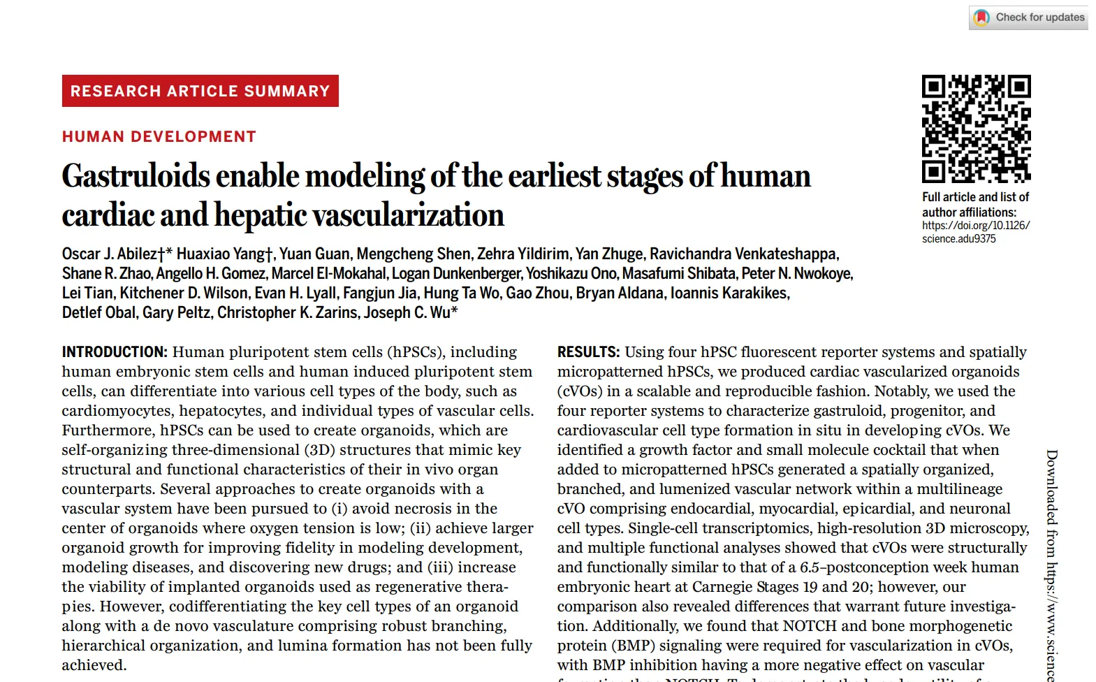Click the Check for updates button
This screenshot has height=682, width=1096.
coord(1028,17)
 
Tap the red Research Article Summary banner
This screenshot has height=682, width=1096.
coord(200,91)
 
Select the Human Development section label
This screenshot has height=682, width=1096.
coord(159,137)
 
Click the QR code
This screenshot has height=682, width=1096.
coord(976,129)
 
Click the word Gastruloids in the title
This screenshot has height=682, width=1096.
coord(136,176)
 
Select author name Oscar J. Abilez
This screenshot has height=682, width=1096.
coord(109,254)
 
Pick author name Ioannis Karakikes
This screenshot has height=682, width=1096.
coord(729,293)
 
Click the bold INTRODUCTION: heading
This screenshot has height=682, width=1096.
coord(115,352)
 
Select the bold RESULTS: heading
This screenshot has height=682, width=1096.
coord(588,352)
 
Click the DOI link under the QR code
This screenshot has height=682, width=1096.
coord(975,232)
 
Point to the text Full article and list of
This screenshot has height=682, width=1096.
coord(975,197)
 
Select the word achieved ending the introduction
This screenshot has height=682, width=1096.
coord(94,665)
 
